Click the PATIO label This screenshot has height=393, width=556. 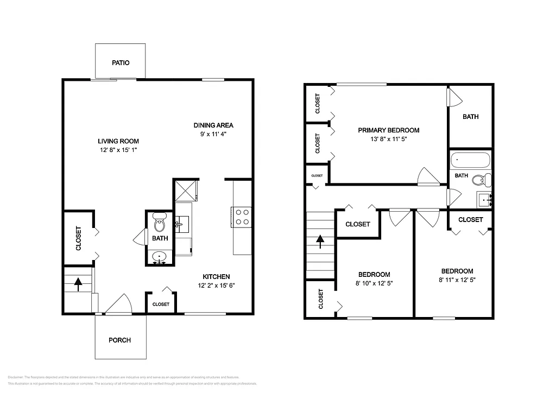(x=121, y=63)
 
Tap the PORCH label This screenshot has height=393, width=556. (x=119, y=340)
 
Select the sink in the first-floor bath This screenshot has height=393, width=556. (x=160, y=256)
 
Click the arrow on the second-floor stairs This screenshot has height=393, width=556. (x=320, y=240)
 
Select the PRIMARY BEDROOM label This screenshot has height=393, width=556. (x=388, y=130)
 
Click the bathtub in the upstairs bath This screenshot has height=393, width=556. (x=470, y=161)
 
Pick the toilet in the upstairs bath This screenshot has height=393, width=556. (x=479, y=180)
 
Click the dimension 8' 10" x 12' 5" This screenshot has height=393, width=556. (x=374, y=283)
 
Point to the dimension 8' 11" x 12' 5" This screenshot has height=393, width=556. (x=457, y=280)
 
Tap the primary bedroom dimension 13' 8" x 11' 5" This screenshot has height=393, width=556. (x=388, y=140)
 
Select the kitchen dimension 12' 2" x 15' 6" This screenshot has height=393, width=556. (x=216, y=286)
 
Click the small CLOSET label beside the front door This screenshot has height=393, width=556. (x=160, y=305)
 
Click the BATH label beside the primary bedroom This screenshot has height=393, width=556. (x=470, y=117)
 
